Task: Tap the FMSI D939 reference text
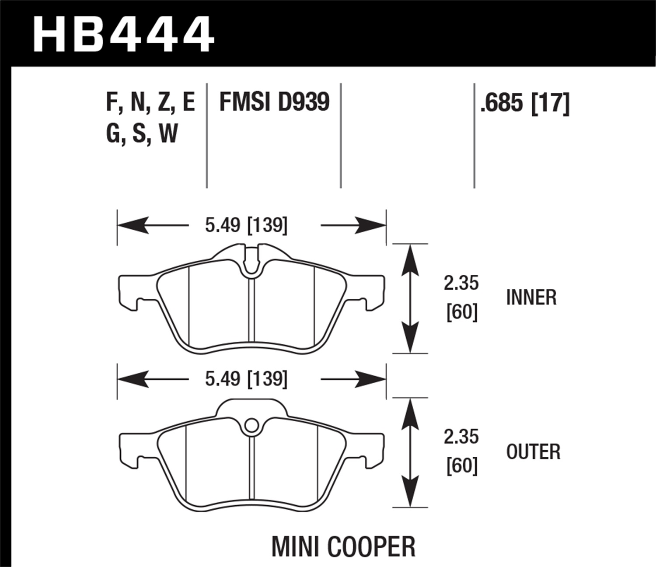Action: point(274,102)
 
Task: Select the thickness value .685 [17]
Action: point(524,104)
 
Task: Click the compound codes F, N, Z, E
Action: point(150,102)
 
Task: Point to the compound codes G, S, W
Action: point(142,133)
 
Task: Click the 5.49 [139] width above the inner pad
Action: point(246,225)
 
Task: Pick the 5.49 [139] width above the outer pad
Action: point(246,379)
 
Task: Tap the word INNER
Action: point(531,297)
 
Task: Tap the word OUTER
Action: point(533,451)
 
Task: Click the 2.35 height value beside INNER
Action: point(461,283)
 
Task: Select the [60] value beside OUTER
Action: point(462,466)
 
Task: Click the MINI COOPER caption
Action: point(343,546)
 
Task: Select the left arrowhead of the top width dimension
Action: point(131,225)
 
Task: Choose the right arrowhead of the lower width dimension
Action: point(372,379)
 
